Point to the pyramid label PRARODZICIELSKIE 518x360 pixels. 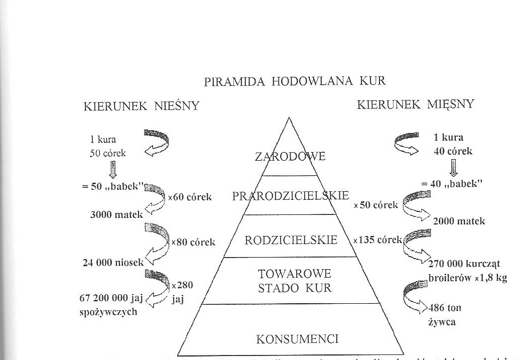pos(290,195)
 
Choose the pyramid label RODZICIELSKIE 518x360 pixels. pos(291,240)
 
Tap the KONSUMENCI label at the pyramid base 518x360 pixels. pos(291,339)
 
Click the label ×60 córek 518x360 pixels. pos(190,197)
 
